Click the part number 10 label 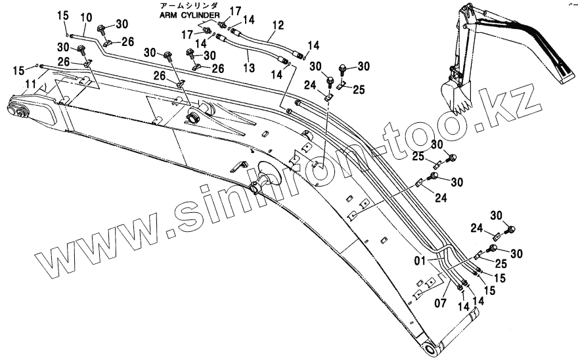(x=85, y=16)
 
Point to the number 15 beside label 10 (x=62, y=15)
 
